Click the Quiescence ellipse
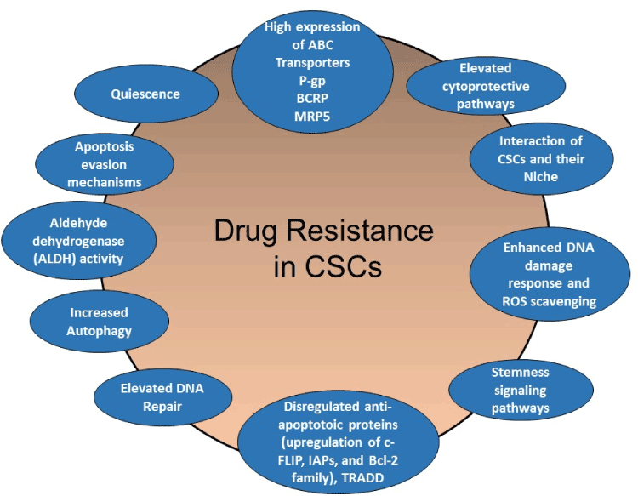(x=145, y=94)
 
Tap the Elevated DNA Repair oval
(x=161, y=396)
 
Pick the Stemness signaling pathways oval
(x=521, y=390)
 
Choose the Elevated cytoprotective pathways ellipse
(x=487, y=85)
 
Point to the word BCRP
(x=313, y=97)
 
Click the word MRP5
(x=313, y=115)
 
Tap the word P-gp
(x=313, y=80)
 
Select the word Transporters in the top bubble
(x=313, y=62)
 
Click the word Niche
(x=541, y=176)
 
